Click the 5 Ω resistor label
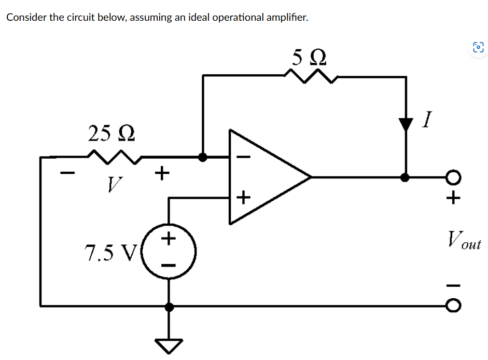click(310, 56)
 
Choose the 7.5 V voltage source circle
click(169, 253)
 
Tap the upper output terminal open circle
click(453, 177)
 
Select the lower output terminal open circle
click(453, 306)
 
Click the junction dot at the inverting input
click(203, 157)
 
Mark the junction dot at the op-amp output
click(406, 177)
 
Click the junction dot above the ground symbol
click(169, 306)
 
